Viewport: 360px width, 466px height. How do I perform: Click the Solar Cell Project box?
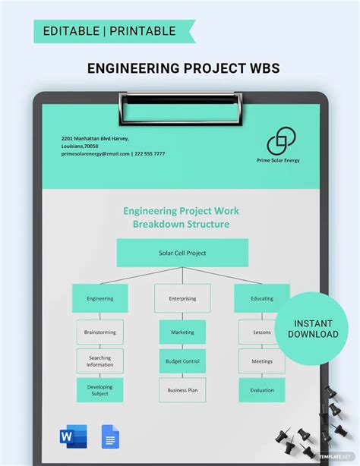click(182, 253)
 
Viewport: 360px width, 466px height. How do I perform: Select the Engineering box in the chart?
click(99, 298)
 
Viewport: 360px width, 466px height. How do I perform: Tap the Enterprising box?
click(182, 298)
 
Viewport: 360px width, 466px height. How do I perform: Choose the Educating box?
click(262, 298)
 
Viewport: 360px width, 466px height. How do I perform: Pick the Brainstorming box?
click(99, 332)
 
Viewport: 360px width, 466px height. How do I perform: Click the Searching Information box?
click(99, 361)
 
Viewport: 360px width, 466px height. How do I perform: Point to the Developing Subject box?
click(99, 390)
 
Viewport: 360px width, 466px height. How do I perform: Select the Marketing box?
click(182, 332)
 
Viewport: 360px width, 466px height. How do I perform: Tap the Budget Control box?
click(182, 361)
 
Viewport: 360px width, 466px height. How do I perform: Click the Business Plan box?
click(182, 390)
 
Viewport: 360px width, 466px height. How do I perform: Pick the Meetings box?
click(262, 361)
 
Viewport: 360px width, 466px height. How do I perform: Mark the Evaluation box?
click(262, 390)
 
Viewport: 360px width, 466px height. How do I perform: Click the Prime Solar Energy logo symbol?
click(281, 141)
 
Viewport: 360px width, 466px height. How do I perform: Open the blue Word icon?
click(73, 437)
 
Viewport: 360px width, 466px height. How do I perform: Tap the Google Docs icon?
click(109, 437)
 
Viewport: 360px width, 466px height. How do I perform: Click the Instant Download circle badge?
click(312, 327)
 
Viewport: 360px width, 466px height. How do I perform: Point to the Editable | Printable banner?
click(111, 31)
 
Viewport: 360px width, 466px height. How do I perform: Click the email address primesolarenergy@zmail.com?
click(96, 153)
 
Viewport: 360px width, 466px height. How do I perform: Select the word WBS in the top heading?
click(263, 68)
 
